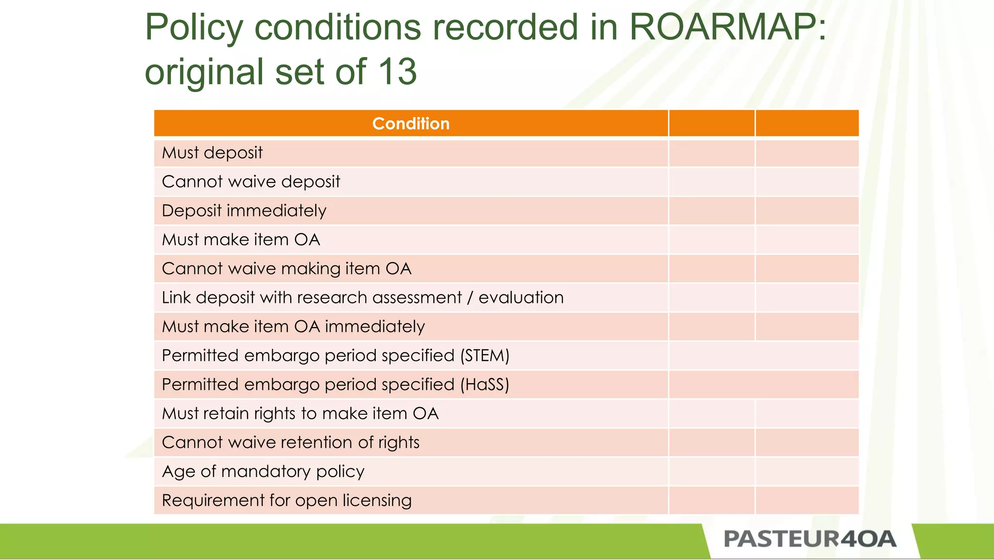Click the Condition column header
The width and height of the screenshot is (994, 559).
411,124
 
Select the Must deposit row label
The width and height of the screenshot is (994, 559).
212,153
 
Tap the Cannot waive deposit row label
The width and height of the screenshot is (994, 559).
251,182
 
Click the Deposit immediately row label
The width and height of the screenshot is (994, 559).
244,211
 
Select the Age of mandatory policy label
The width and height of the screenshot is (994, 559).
263,472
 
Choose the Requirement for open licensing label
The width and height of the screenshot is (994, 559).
286,500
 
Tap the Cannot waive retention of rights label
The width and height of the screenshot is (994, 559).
291,443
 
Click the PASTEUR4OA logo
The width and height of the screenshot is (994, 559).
810,539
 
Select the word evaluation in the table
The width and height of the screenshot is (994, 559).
521,297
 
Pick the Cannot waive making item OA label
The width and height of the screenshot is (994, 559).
286,269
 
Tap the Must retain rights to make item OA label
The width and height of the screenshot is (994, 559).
300,413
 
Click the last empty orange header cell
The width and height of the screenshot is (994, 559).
807,124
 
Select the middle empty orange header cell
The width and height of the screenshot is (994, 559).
712,124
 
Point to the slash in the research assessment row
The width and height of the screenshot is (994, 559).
470,298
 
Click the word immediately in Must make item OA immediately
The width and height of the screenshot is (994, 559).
375,327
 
